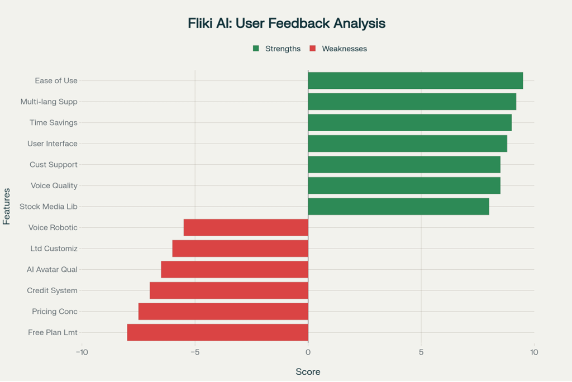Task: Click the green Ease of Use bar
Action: (415, 80)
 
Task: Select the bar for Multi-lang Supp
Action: (412, 102)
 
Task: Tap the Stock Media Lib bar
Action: (398, 207)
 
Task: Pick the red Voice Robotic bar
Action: (246, 227)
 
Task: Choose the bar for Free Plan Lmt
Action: (217, 332)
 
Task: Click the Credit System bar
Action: (228, 290)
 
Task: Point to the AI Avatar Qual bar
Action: (234, 269)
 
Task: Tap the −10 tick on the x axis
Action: (82, 352)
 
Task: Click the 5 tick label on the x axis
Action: (421, 352)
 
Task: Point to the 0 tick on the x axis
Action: (308, 352)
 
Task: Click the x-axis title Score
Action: (308, 371)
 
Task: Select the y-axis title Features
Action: (7, 207)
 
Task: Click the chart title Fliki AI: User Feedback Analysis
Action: (287, 23)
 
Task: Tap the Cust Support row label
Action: (54, 165)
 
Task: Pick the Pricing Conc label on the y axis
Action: (55, 312)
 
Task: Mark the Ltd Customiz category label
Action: (54, 249)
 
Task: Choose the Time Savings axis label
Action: (54, 123)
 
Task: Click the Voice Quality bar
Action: (404, 185)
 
